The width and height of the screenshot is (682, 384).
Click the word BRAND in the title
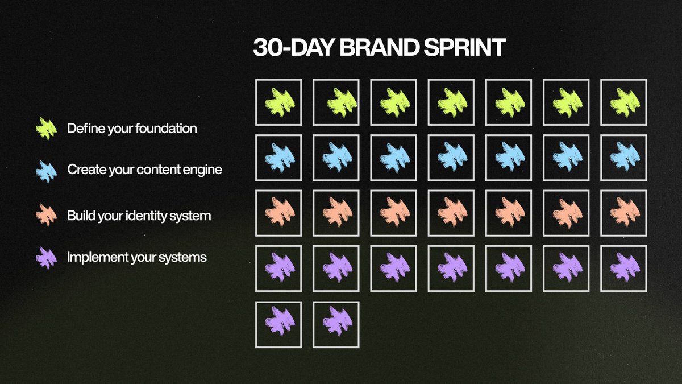coord(379,47)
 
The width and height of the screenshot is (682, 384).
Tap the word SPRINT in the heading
coord(465,47)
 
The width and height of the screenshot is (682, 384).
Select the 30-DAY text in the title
coord(294,47)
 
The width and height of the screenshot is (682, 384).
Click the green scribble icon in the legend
coord(46,129)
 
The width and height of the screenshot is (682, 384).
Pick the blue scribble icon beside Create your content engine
coord(46,172)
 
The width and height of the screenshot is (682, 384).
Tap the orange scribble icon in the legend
coord(46,215)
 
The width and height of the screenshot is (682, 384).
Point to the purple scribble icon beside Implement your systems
coord(46,258)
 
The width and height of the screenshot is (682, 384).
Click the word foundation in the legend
coord(166,129)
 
